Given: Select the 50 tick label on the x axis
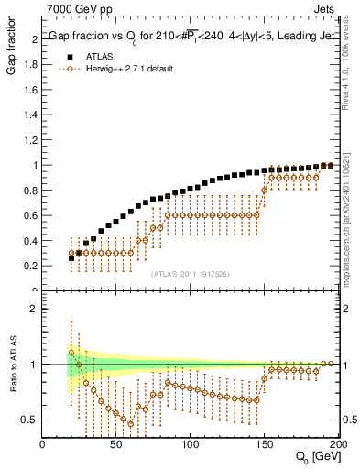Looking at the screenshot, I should [116, 446].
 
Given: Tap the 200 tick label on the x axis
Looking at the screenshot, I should [336, 446].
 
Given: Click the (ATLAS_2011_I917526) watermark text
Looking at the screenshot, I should [190, 274].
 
